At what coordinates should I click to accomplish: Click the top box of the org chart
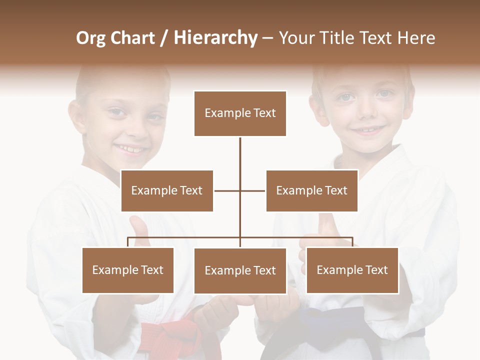coord(240,113)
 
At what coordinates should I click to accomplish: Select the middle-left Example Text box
coord(167,190)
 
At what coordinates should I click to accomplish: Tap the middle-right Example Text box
coord(311,190)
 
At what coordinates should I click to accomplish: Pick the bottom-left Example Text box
coord(128,270)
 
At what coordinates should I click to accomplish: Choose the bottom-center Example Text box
coord(240,270)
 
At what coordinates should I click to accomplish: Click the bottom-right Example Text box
coord(352,270)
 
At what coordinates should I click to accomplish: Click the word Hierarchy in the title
coord(215,38)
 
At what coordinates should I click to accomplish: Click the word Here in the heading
coord(416,38)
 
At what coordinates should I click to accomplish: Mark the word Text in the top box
coord(264,113)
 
